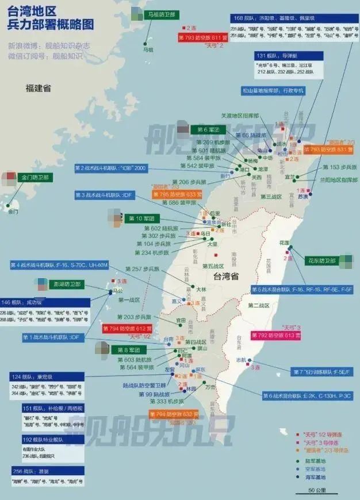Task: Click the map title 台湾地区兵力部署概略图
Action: click(x=51, y=18)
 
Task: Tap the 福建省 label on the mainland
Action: click(x=38, y=88)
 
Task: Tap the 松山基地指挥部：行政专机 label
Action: click(x=273, y=91)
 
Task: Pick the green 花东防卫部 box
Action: click(x=320, y=260)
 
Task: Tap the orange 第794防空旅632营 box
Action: click(x=174, y=414)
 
